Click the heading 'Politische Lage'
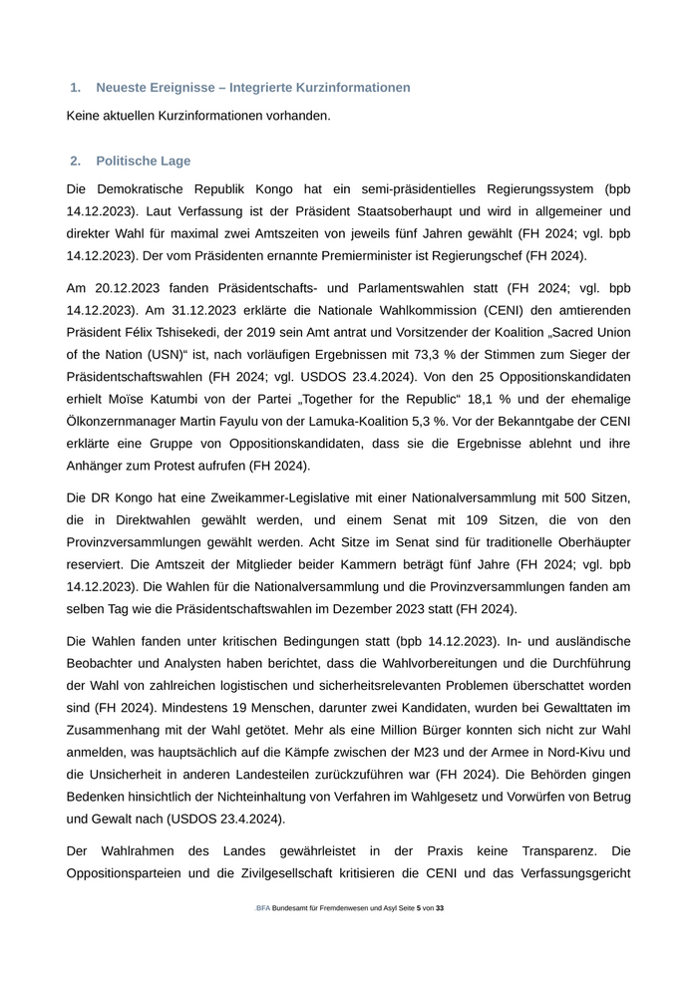click(143, 161)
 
